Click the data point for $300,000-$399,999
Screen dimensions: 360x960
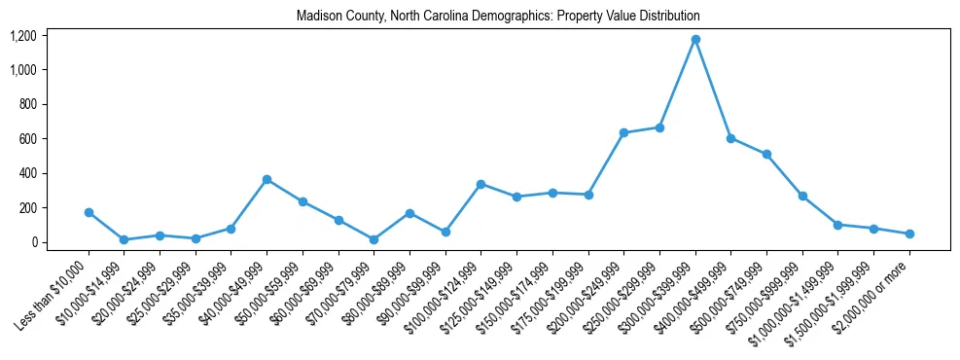695,40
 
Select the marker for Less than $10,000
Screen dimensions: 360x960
89,212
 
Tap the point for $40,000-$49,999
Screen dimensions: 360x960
267,180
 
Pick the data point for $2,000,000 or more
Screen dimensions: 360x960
909,234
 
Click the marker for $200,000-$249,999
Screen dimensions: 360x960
623,132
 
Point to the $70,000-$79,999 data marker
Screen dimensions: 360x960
373,239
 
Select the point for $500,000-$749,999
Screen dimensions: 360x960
766,154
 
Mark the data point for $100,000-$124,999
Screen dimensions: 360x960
480,184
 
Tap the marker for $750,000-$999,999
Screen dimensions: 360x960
802,196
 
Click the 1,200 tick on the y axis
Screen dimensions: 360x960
51,36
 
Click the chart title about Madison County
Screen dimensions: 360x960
499,17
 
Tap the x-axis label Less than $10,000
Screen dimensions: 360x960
53,292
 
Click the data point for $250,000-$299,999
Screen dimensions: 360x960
659,127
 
